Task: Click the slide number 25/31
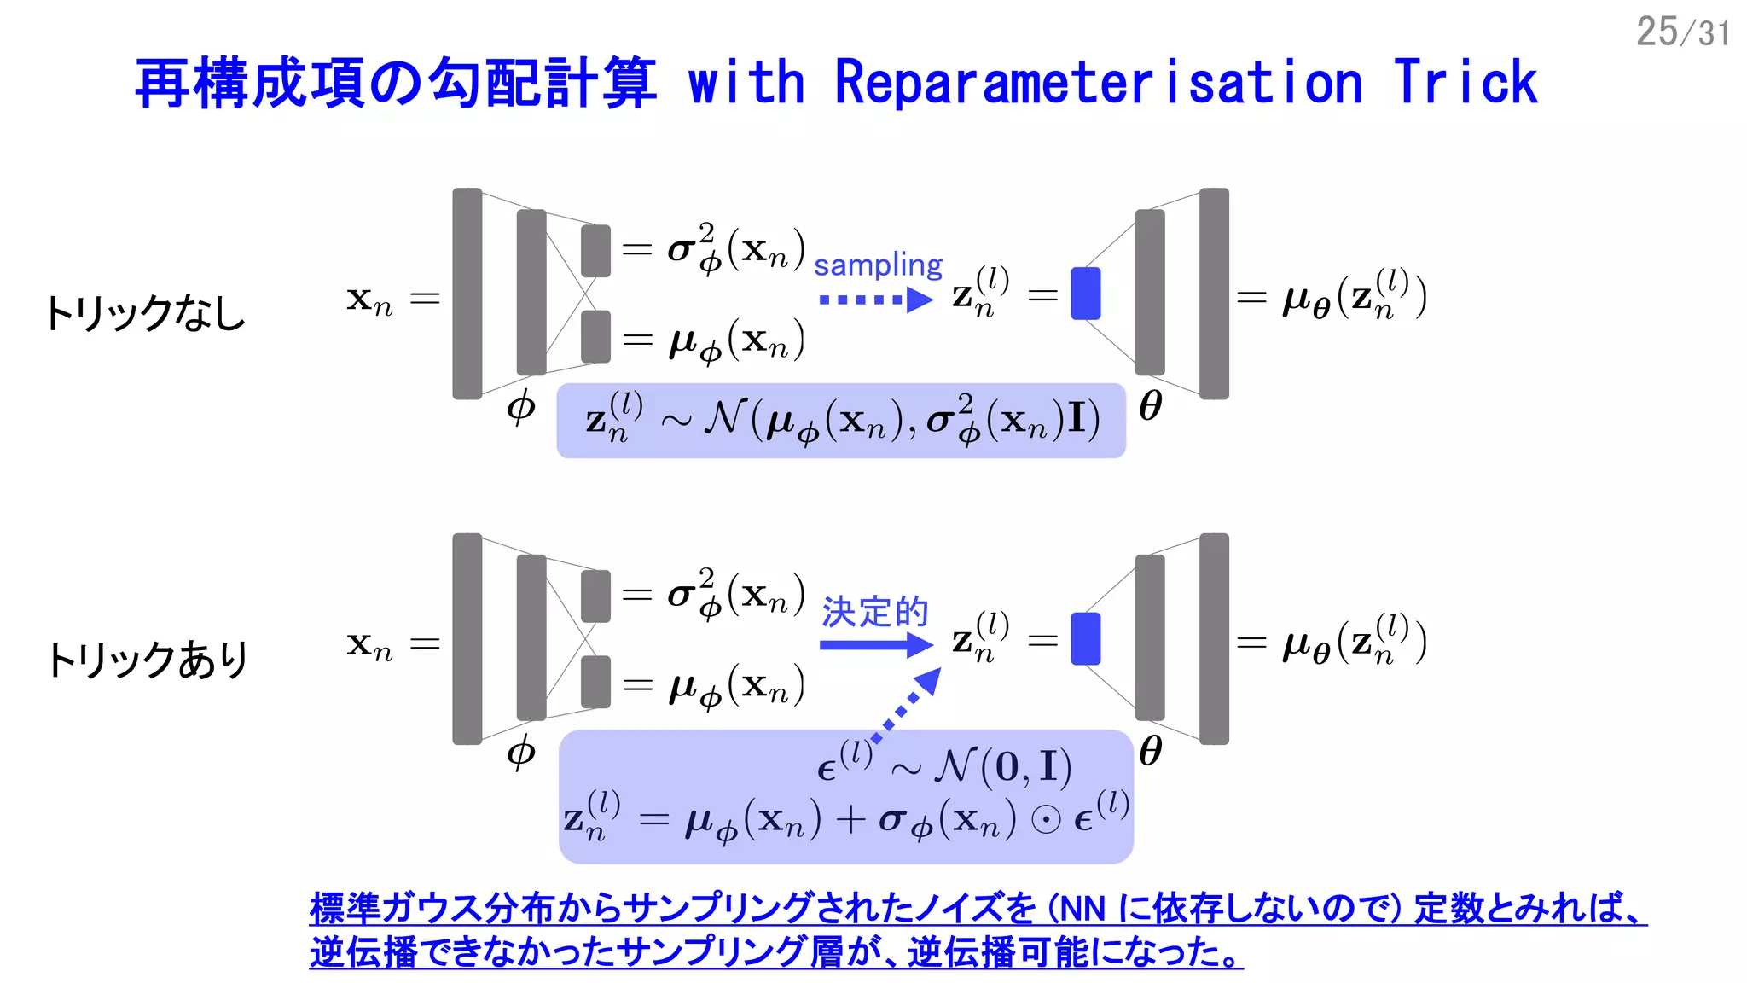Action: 1682,32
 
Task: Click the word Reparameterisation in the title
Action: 1098,84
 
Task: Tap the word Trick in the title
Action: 1465,84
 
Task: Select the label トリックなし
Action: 145,313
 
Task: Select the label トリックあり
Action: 147,660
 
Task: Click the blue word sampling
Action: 878,265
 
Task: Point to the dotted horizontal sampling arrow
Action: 875,300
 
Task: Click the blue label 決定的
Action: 875,612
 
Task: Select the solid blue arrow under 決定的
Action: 875,644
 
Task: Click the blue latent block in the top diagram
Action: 1085,294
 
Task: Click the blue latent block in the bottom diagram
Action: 1085,638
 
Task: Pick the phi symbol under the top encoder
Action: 521,407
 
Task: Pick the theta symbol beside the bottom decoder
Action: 1151,751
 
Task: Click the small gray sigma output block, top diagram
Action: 595,251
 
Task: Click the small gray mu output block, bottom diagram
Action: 595,682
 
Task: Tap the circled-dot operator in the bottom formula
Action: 1046,820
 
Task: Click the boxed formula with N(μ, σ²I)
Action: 841,421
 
